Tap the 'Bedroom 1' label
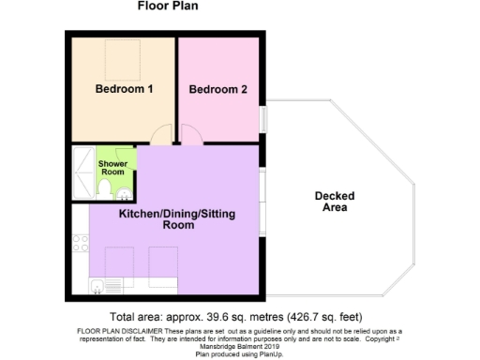tap(125, 90)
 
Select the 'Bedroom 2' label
tap(217, 90)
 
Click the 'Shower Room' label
tap(112, 167)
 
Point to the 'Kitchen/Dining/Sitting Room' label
tap(176, 220)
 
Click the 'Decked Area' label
tap(330, 201)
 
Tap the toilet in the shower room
tap(103, 191)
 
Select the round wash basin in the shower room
tap(125, 194)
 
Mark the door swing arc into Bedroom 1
tap(163, 134)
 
